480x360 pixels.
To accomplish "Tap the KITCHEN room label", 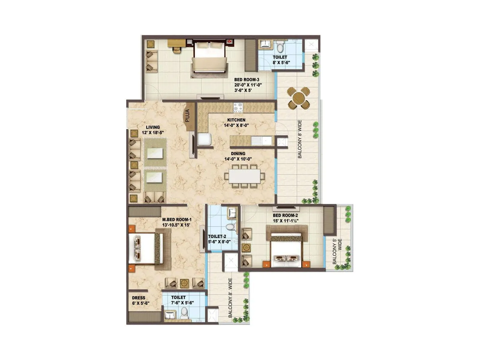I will tap(236, 120).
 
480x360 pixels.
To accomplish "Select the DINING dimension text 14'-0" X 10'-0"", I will tap(238, 159).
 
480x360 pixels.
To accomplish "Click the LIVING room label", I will tap(153, 127).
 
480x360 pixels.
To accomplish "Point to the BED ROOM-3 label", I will tap(247, 80).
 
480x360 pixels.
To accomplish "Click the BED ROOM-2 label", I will tap(285, 215).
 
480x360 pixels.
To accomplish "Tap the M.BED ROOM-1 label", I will tap(177, 219).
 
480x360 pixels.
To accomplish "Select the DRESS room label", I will tap(139, 298).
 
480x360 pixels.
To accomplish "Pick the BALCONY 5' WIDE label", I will tap(337, 251).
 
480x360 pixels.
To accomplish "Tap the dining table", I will tap(244, 176).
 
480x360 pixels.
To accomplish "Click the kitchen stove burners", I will tap(238, 106).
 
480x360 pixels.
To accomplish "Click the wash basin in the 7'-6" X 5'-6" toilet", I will tap(170, 315).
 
